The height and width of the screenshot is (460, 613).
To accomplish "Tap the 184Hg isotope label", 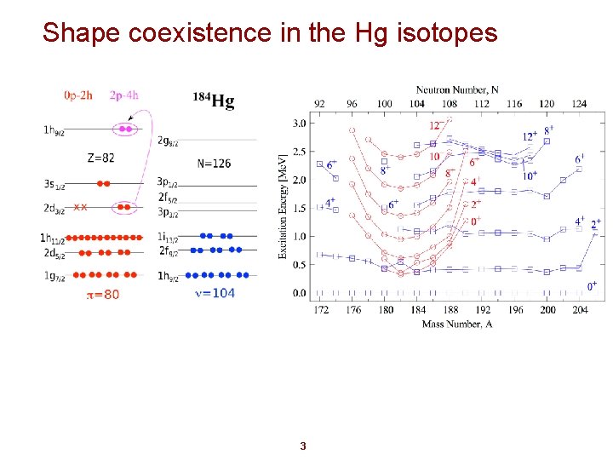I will point(213,101).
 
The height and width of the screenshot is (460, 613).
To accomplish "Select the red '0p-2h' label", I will point(79,95).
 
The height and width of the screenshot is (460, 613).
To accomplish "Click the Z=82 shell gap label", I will point(101,158).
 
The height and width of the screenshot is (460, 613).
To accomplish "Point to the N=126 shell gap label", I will point(213,164).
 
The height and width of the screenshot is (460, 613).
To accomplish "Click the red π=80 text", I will point(103,295).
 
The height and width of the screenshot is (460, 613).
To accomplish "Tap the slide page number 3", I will point(303,446).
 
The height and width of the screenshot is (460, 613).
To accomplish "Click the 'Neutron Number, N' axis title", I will point(456,89).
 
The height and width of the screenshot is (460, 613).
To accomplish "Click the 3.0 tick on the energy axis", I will point(299,124).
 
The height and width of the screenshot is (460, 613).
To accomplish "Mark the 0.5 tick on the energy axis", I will point(299,265).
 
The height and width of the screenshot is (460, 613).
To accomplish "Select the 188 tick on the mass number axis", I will point(450,310).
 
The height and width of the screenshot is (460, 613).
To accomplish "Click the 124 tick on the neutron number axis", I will point(579,104).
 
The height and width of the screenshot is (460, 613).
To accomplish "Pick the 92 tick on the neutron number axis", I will point(319,104).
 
